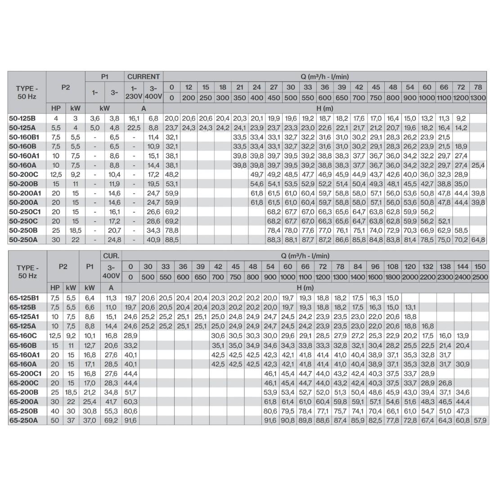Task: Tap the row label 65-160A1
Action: click(x=23, y=355)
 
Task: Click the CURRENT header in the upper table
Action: click(x=144, y=77)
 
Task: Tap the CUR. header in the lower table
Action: click(x=111, y=256)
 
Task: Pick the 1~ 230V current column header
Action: click(x=134, y=92)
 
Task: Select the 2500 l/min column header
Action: click(x=480, y=277)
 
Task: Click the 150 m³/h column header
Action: click(x=480, y=267)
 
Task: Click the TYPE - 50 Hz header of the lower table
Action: click(x=27, y=271)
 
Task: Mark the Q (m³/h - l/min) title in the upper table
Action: click(x=324, y=77)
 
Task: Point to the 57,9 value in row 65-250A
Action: click(x=480, y=420)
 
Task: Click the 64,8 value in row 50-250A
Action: click(x=478, y=240)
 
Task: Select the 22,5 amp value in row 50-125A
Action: click(x=134, y=127)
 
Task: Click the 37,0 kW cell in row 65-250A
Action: click(x=90, y=420)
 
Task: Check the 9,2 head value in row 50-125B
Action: click(x=460, y=118)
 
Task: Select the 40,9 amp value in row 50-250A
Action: click(x=153, y=240)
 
